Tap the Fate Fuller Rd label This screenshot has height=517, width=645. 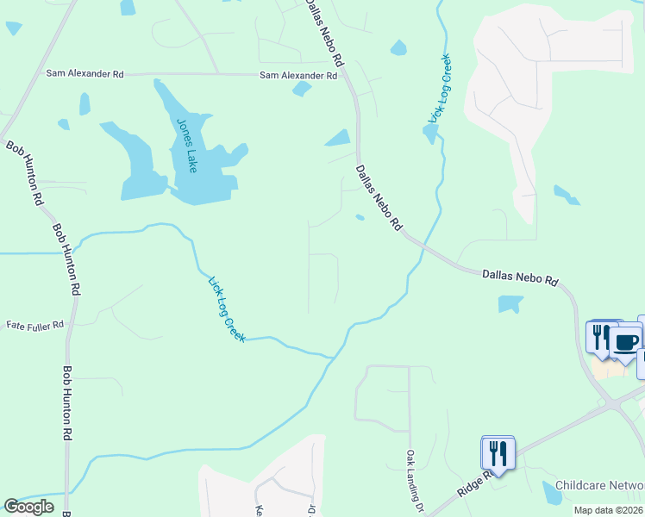coord(35,326)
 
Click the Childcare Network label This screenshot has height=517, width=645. coord(600,486)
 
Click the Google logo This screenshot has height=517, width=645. coord(28,507)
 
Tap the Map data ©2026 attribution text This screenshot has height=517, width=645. coord(608,510)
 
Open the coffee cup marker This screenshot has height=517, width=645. coord(625,342)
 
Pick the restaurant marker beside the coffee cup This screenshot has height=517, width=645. coord(598,337)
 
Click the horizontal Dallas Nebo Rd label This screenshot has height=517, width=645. coord(521,277)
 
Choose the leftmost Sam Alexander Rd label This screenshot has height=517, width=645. coord(85,75)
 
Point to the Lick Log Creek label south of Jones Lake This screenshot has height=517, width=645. coord(228,308)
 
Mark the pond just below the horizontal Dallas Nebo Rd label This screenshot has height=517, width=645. coord(510,303)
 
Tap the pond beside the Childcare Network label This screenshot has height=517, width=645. coord(551,493)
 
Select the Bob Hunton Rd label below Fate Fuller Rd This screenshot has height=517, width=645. coord(66,403)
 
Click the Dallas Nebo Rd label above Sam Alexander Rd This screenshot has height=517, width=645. coord(324,33)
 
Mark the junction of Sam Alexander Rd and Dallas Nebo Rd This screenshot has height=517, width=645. coord(346,75)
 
